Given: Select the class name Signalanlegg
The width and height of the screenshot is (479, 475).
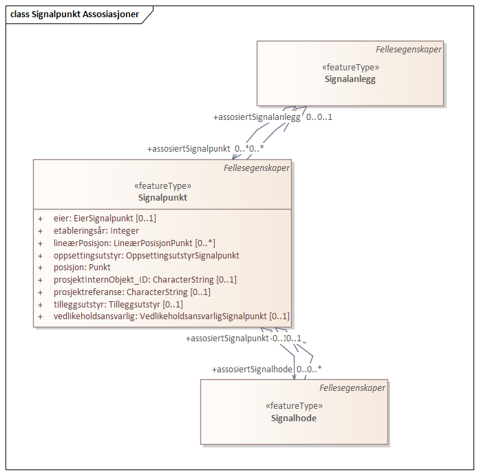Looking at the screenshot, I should coord(350,79).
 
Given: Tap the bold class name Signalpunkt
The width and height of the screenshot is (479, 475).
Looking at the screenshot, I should coord(162,197).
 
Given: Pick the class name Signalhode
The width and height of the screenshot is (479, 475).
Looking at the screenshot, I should coord(293,418).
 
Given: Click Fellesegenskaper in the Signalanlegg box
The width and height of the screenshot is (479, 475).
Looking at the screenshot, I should coord(409,50).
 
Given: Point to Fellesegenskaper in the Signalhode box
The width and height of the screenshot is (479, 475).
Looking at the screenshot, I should coord(352,388).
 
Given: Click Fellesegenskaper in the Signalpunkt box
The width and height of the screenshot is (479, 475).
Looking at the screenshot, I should coord(257,168).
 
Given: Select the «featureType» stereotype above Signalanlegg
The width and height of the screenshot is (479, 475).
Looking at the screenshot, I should coord(350,68).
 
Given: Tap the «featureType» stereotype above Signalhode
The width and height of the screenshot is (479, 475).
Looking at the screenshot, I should coord(294,406).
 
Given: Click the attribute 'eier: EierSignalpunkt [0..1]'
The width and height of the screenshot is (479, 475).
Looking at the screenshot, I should coord(105,219).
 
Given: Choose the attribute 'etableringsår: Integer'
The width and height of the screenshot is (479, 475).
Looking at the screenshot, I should coord(96,231).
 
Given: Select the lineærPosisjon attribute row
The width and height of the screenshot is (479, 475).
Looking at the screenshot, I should coord(134,243).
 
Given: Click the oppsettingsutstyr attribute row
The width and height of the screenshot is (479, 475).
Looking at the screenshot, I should coord(146,255).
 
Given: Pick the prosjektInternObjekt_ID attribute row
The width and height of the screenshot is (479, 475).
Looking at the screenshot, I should coord(145,280).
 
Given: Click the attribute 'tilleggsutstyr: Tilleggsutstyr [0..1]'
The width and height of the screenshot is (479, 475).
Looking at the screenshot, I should coord(118,304).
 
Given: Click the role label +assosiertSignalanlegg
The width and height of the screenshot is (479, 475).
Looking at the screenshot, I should coord(257,117).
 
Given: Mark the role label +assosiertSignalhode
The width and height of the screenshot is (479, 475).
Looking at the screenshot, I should coord(252,370).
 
